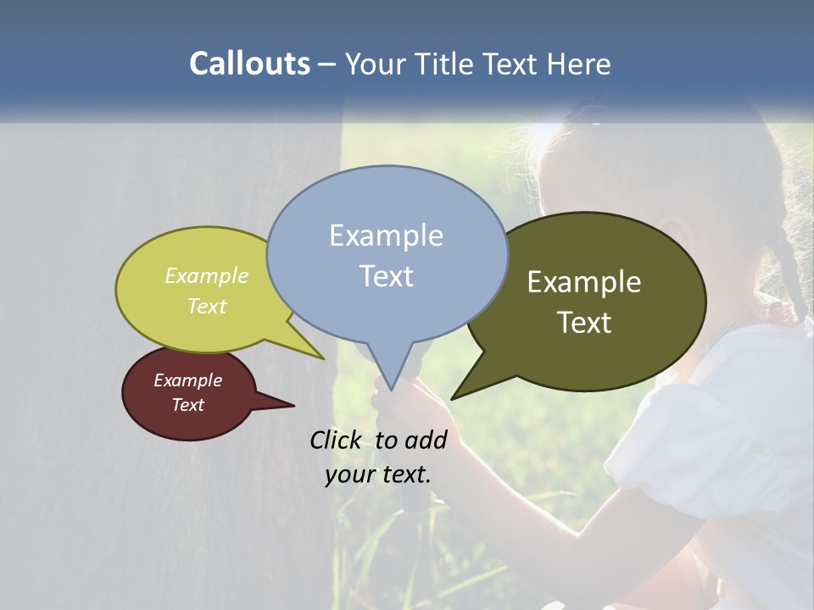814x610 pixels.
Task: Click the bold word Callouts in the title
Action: coord(249,64)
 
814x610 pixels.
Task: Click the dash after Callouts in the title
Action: coord(327,64)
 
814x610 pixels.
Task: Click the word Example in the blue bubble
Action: coord(386,236)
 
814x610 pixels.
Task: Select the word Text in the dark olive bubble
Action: coord(584,323)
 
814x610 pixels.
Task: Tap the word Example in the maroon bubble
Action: coord(187,380)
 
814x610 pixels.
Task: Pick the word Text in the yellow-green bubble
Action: coord(207,307)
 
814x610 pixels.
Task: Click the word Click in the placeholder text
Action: coord(337,440)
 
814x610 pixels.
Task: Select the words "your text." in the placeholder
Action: coord(378,474)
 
